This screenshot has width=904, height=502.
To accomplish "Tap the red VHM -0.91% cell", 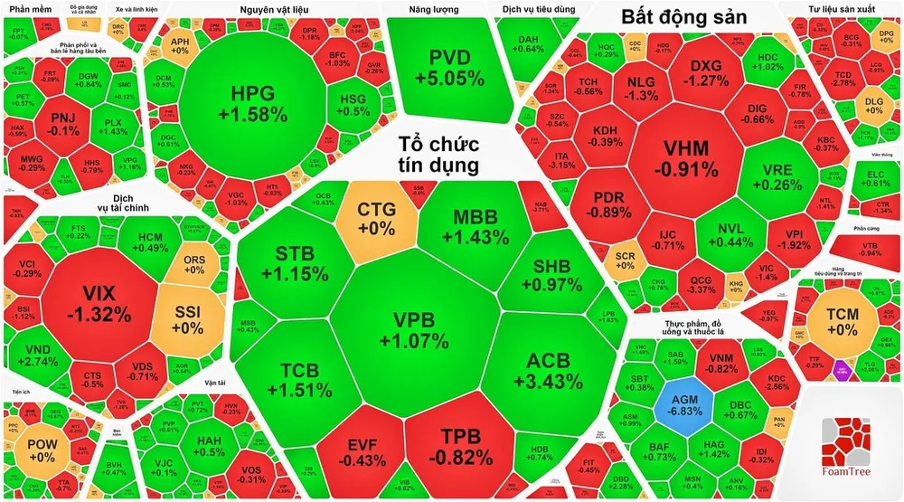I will coord(684,157).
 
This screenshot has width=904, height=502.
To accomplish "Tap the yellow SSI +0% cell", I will coord(191,317).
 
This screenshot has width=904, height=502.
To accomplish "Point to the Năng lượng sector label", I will coord(434,10).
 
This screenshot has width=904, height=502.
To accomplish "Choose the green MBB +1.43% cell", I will coord(470,226).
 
